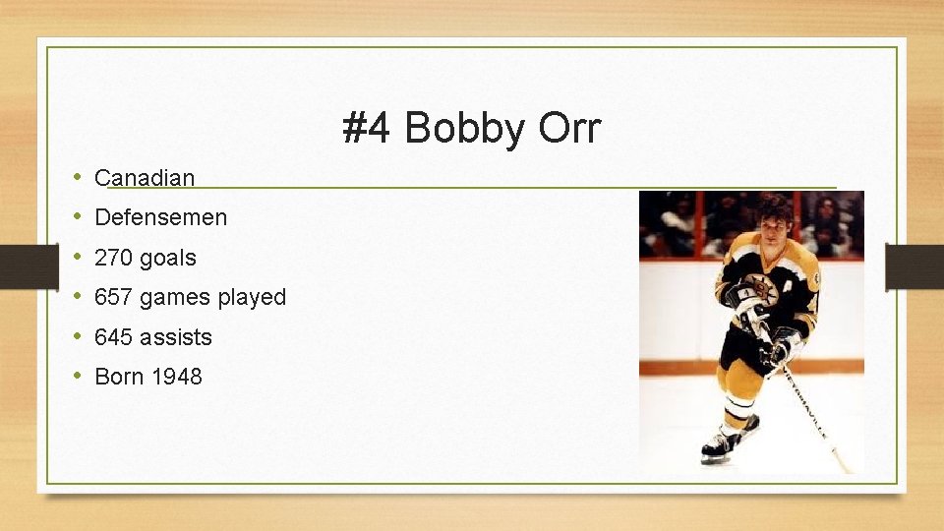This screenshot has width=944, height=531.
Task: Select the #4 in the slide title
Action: click(368, 129)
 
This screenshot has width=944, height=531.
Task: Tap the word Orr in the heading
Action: click(566, 129)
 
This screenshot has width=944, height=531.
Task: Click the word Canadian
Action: click(145, 178)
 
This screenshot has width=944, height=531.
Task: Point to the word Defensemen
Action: click(160, 217)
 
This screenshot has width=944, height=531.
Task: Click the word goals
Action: click(168, 258)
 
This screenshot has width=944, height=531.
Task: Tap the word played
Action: click(253, 297)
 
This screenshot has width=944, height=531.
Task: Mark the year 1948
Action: click(176, 377)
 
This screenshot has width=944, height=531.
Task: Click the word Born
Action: click(118, 377)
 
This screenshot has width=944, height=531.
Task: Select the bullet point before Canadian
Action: click(78, 178)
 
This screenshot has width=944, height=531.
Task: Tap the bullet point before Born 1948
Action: click(78, 377)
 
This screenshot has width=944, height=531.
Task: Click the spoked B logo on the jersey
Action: click(760, 289)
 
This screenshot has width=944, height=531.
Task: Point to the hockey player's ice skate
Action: click(721, 445)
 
